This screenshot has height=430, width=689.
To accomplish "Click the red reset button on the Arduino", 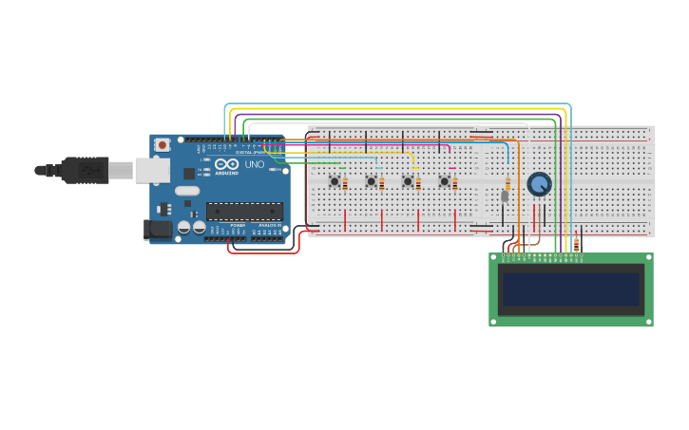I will point(163,144).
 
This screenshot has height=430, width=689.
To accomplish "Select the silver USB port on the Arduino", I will point(151,170).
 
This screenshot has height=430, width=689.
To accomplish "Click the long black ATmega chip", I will point(244,211).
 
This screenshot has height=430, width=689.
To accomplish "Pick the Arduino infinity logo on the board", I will point(225,164).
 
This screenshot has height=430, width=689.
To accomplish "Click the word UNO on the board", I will point(255,165).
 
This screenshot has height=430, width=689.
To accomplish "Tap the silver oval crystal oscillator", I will point(187,191).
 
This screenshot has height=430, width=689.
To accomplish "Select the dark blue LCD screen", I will point(570,290).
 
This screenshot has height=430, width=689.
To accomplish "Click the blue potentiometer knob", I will point(539,184).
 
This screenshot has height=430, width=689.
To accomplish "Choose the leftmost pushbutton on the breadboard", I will point(335,181).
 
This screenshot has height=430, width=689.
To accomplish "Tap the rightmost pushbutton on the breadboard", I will point(444,181).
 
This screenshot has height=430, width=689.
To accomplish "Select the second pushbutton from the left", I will point(372,181).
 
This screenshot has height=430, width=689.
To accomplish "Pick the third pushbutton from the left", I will point(408,181).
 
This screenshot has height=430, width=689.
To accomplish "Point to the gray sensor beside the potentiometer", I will point(505,196).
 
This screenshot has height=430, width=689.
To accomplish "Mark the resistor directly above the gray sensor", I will point(507,182).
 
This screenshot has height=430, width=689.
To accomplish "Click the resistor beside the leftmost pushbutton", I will point(345,183).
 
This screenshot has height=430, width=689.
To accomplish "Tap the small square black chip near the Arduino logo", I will point(190,174).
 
